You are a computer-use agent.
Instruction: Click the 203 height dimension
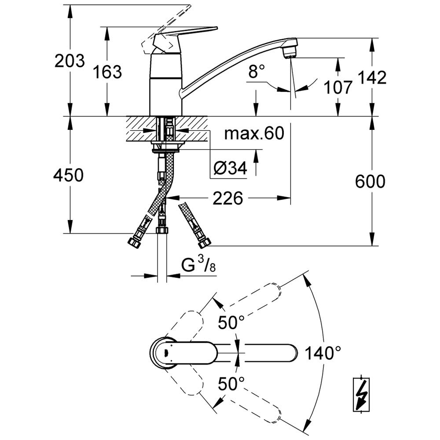(70, 61)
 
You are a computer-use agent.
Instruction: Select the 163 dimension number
(107, 72)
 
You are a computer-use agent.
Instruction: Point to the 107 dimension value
(337, 87)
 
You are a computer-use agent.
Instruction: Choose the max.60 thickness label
(254, 133)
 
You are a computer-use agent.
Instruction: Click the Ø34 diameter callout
(230, 168)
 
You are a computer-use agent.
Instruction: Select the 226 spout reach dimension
(227, 198)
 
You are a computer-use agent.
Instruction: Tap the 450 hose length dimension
(68, 175)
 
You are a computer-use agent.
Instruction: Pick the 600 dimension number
(370, 182)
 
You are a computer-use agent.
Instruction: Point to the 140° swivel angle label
(323, 353)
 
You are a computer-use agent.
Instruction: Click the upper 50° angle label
(231, 322)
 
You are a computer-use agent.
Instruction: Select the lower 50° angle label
(231, 384)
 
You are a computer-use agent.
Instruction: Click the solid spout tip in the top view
(292, 352)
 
